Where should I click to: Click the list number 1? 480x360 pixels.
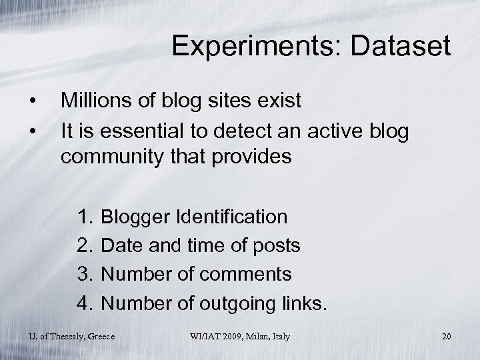(85, 217)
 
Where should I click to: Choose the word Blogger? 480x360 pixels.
(135, 217)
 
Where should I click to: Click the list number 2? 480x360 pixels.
(85, 246)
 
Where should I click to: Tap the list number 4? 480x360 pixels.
(85, 303)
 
